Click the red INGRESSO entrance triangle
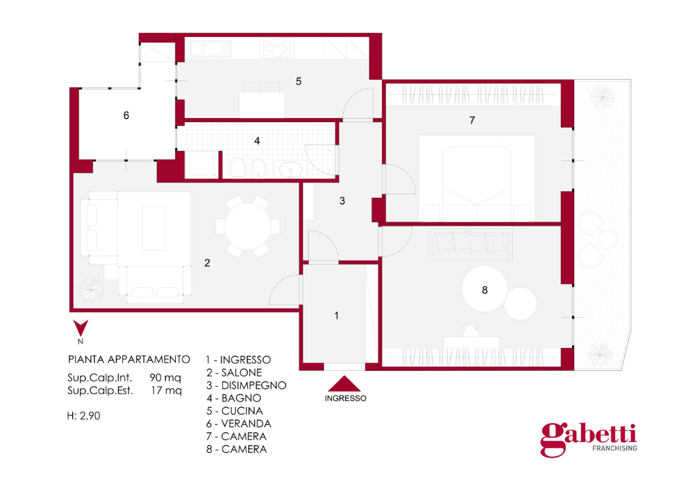[344, 384]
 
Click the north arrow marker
[80, 328]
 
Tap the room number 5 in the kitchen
[299, 81]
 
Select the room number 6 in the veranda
[126, 115]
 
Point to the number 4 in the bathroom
[257, 140]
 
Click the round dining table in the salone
[247, 226]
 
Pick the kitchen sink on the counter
[211, 48]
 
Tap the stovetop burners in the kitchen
[277, 48]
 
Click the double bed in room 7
[477, 178]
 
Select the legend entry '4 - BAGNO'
[234, 398]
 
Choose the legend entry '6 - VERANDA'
[239, 423]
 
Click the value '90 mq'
[165, 378]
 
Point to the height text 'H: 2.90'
[84, 416]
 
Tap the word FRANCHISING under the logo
[615, 448]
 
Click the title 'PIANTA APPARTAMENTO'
[129, 359]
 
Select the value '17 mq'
[166, 391]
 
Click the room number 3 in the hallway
[342, 201]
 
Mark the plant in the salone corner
[91, 289]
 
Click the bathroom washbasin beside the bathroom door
[290, 170]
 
